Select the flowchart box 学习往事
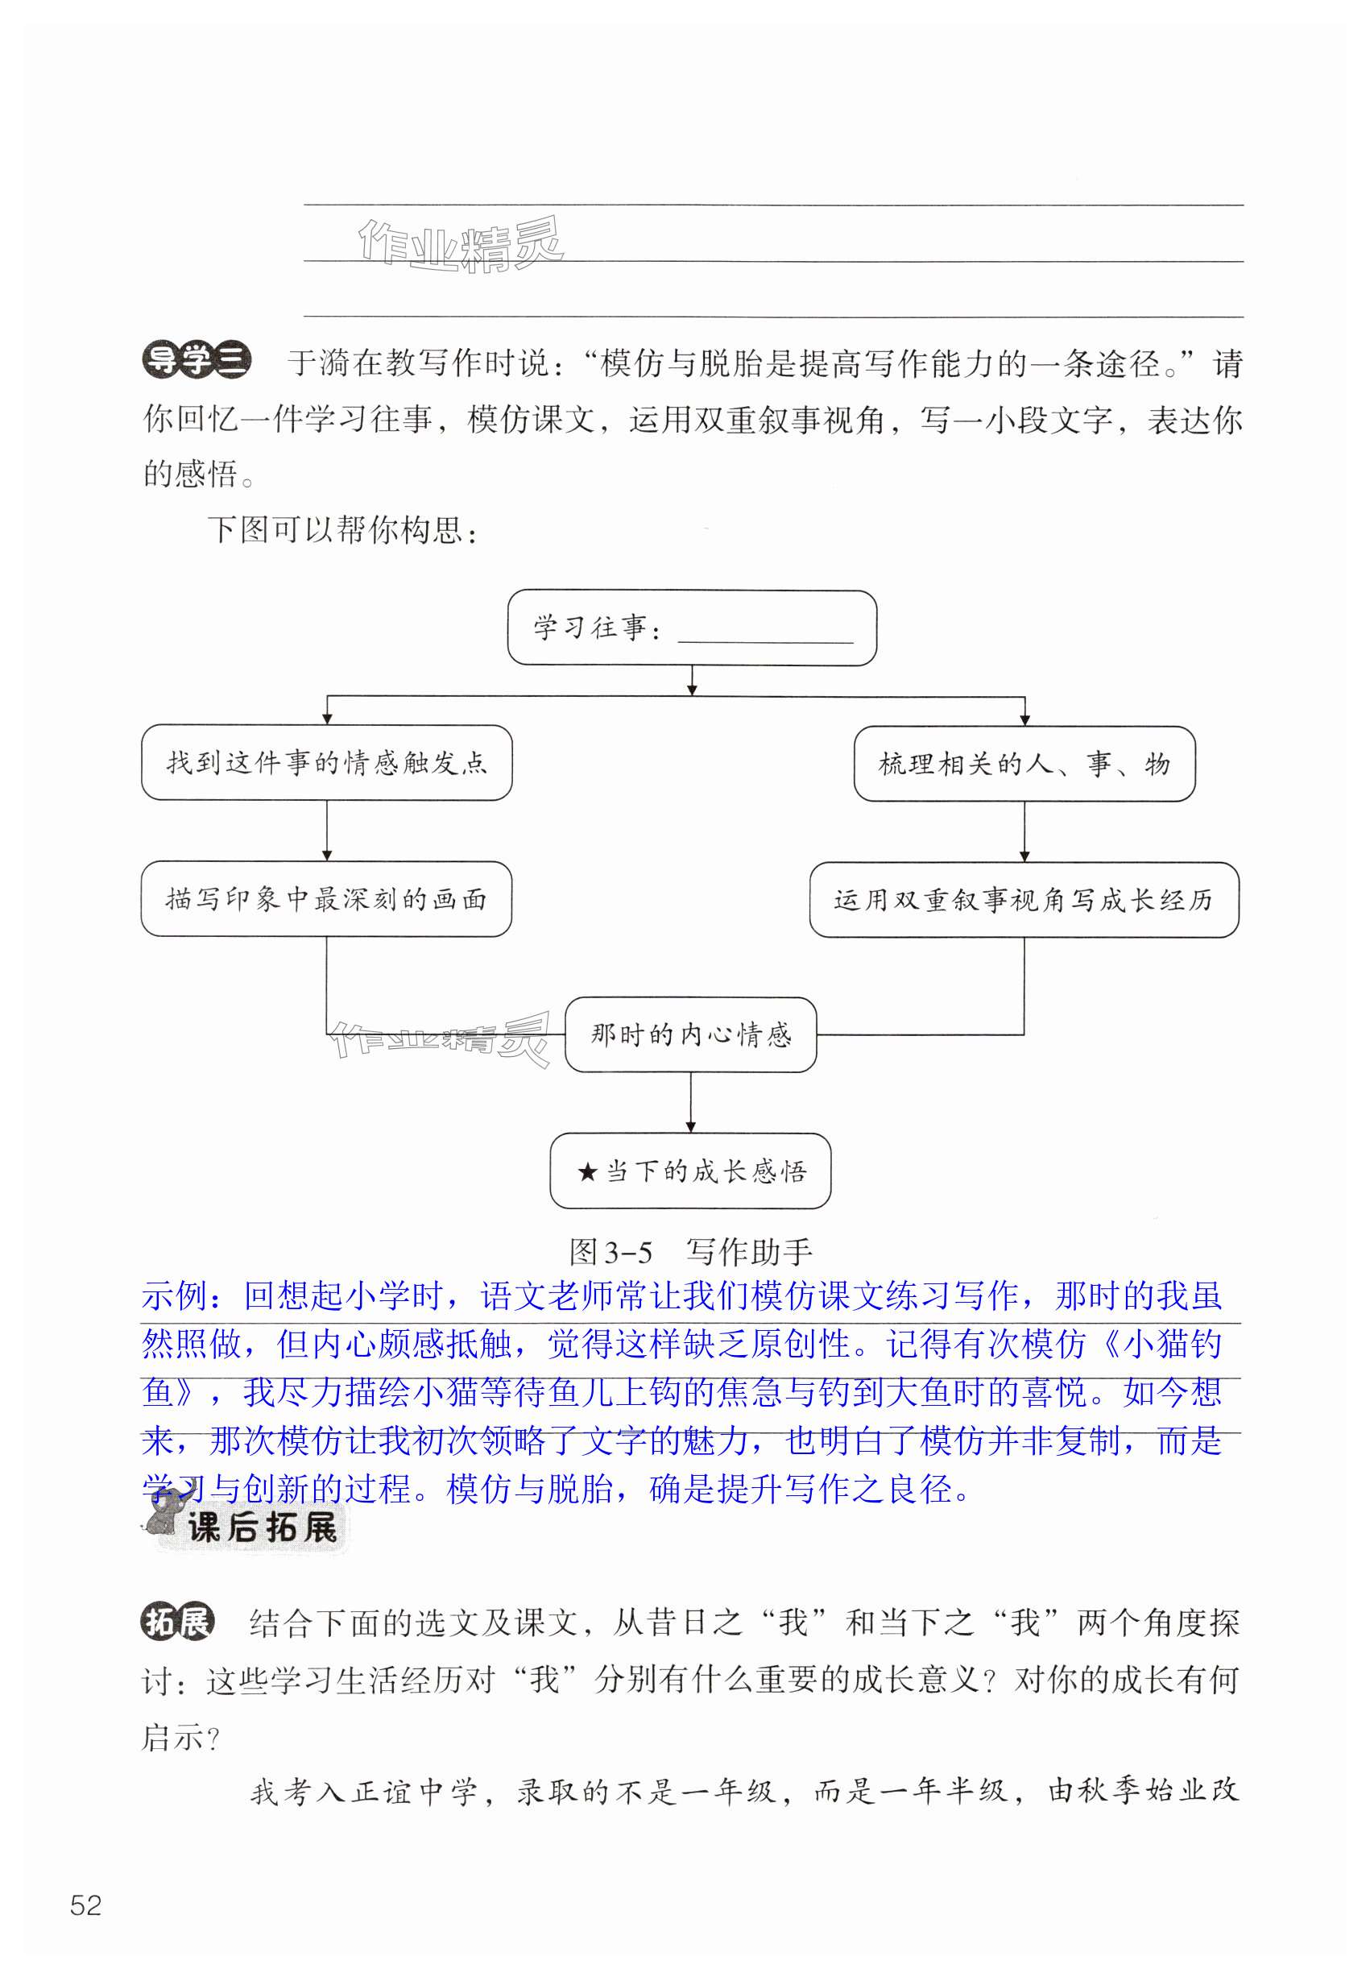coord(691,628)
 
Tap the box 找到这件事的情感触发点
coord(326,763)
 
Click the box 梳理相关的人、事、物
coord(1023,764)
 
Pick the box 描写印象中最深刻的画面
coord(326,899)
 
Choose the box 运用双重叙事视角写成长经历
coord(1023,900)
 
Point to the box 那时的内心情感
coord(690,1034)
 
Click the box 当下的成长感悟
coord(690,1171)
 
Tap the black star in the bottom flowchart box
coord(587,1171)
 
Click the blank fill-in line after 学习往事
coord(765,636)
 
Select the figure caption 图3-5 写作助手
coord(690,1253)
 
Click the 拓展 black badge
coord(178,1623)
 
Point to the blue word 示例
coord(175,1296)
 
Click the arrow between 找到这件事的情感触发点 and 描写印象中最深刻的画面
coord(326,831)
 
